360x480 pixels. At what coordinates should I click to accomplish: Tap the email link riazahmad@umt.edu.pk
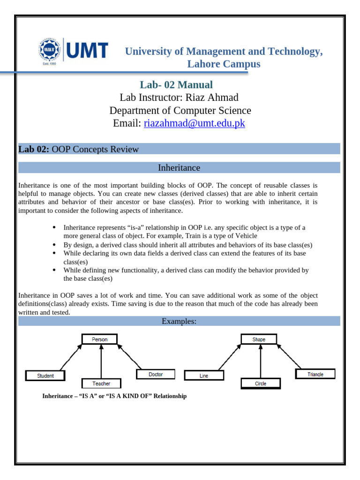click(x=194, y=123)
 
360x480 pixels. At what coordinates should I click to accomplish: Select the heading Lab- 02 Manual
click(x=176, y=85)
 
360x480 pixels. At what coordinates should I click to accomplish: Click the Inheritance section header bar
click(x=179, y=167)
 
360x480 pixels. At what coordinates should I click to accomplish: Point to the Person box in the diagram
click(x=99, y=339)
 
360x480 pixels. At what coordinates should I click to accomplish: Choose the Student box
click(x=45, y=375)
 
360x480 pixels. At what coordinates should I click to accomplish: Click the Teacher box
click(x=101, y=383)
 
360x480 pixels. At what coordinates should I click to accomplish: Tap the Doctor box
click(x=156, y=374)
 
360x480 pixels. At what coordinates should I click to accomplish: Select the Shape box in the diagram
click(x=259, y=339)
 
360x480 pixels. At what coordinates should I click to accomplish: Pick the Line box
click(x=204, y=375)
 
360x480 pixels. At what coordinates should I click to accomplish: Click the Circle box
click(x=261, y=383)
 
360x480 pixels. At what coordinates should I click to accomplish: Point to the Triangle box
click(x=315, y=374)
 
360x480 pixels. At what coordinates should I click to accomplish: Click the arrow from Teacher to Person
click(x=101, y=361)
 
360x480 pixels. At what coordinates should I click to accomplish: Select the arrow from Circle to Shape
click(x=261, y=361)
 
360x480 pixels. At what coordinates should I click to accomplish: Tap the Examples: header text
click(x=179, y=321)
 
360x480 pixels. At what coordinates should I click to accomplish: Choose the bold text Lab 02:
click(x=34, y=150)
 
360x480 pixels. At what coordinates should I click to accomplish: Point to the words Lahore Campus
click(x=224, y=64)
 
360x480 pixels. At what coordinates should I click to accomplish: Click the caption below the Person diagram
click(x=114, y=396)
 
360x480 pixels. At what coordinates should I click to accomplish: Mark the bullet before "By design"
click(x=54, y=245)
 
